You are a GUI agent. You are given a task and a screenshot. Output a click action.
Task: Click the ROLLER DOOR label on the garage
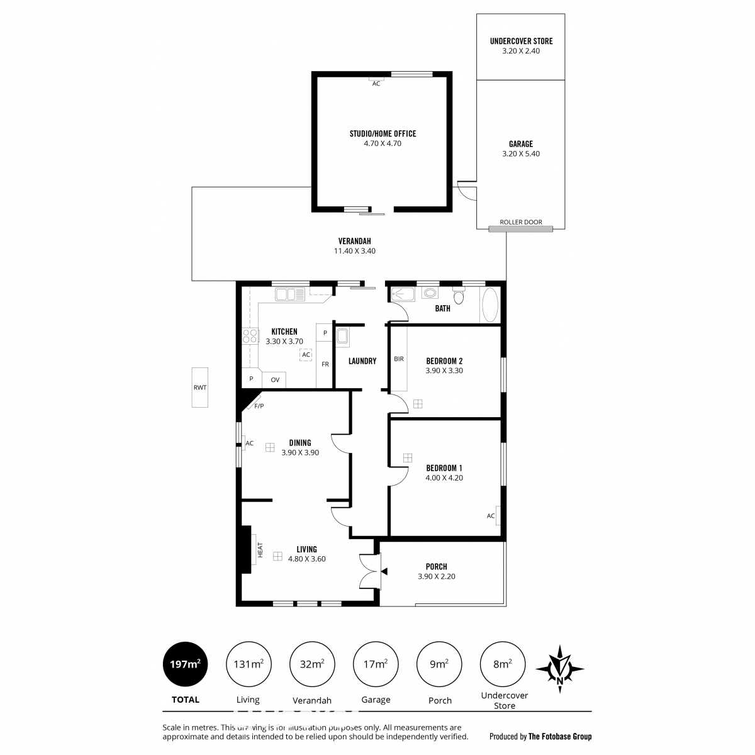[520, 221]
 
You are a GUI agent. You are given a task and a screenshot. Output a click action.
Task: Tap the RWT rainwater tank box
[199, 387]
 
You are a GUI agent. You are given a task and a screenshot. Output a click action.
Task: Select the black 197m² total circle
[185, 664]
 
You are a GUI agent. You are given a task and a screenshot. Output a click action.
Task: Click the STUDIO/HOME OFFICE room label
[383, 133]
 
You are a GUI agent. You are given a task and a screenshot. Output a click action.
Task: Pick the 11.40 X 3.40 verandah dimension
[354, 251]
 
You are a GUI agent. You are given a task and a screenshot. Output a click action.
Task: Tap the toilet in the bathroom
[459, 296]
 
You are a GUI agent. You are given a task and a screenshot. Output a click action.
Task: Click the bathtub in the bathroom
[489, 305]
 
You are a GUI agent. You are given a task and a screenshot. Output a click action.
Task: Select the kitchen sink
[289, 294]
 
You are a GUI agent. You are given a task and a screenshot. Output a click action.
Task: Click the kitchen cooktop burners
[250, 336]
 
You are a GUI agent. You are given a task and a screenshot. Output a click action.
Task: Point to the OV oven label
[275, 379]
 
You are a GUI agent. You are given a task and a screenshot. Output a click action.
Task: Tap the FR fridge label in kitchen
[325, 364]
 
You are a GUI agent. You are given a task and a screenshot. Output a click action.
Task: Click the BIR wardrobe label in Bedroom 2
[398, 359]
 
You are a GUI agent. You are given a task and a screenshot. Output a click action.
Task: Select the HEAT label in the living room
[260, 550]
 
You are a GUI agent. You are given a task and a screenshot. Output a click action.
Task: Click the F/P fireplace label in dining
[259, 406]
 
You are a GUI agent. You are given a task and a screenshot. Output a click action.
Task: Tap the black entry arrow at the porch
[384, 572]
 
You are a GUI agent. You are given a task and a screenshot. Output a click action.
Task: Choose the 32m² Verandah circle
[312, 664]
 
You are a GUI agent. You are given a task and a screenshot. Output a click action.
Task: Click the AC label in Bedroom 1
[491, 516]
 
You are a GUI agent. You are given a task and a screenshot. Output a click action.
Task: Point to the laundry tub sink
[342, 337]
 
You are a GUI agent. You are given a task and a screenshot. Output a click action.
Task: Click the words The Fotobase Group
[559, 736]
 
